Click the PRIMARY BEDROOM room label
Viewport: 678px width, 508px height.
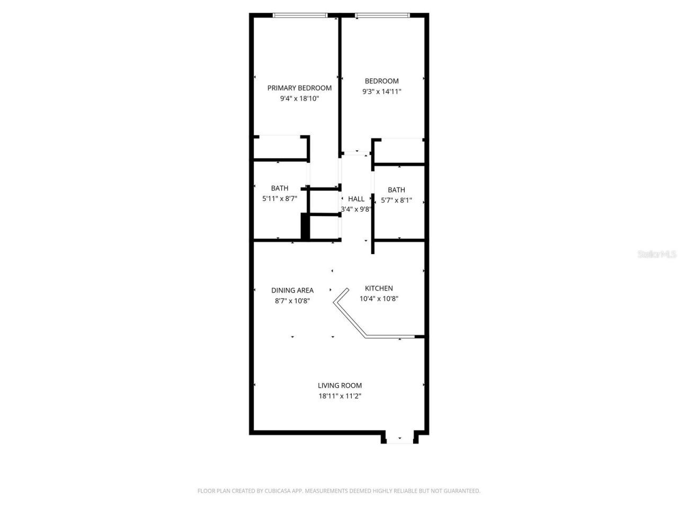[x=299, y=88]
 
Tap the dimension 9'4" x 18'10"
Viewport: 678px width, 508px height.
[x=299, y=98]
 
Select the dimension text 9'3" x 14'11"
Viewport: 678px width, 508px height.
[x=381, y=92]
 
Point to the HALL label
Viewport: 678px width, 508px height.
[x=356, y=199]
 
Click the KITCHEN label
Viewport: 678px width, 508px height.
[x=379, y=288]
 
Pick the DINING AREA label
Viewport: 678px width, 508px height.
[x=292, y=291]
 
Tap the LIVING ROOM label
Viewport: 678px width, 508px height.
[x=340, y=386]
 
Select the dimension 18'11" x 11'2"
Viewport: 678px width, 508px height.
[x=340, y=396]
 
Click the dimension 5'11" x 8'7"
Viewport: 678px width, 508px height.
[x=280, y=199]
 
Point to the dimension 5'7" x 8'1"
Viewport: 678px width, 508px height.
[x=396, y=201]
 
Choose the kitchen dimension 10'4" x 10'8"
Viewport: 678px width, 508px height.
[x=379, y=298]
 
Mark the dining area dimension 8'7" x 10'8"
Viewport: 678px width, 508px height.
[x=292, y=301]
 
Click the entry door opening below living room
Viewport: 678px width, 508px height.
[x=399, y=439]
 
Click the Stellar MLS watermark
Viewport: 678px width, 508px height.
[x=657, y=255]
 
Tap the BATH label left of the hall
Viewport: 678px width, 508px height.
[x=280, y=188]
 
